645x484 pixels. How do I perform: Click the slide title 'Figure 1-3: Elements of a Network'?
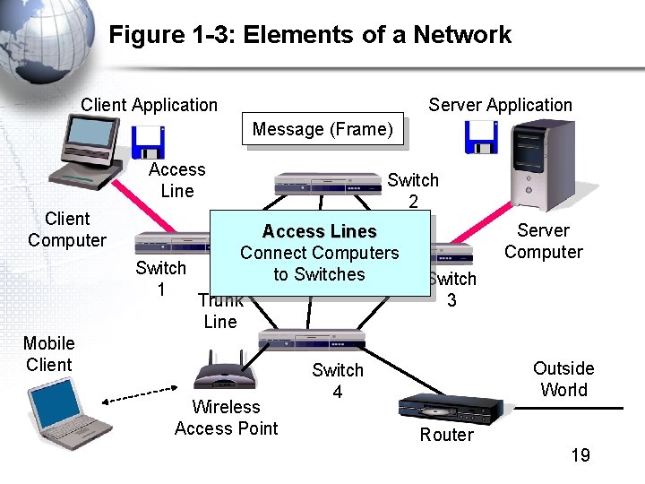coord(310,35)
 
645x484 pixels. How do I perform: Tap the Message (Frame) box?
coord(322,130)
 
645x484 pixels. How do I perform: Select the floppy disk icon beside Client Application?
coord(147,142)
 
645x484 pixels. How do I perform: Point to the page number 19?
coord(580,455)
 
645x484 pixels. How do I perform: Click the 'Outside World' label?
coord(563,379)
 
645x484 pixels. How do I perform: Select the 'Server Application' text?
coord(500,105)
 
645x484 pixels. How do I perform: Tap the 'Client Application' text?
coord(149,105)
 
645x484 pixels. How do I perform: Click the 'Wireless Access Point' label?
coord(226,418)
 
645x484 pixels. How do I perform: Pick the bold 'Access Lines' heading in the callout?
coord(319,232)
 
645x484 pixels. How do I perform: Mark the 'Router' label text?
coord(446,436)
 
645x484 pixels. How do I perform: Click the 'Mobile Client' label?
coord(49,354)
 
